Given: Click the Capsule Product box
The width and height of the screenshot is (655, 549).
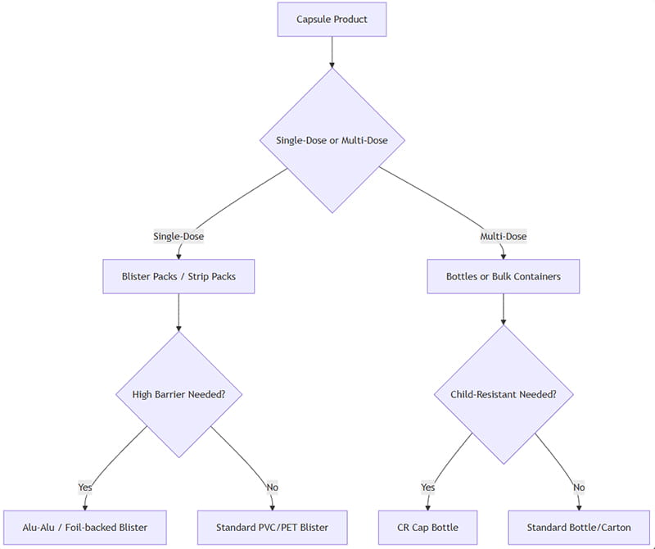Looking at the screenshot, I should coord(332,20).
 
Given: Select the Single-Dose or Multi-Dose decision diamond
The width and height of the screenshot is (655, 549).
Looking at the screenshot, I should coord(332,140).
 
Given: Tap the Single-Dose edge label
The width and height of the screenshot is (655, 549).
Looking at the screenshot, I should coord(178,237).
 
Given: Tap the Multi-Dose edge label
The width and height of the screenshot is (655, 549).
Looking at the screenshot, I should coord(503,237).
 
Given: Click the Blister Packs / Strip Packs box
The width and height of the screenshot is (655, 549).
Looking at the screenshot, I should coord(178,277).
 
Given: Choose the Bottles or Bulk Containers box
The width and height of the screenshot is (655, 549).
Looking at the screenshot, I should coord(503,277).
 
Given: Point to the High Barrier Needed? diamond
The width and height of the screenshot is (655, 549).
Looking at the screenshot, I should coord(178,394).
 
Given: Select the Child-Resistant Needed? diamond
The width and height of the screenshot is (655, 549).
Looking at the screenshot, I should coord(503,394).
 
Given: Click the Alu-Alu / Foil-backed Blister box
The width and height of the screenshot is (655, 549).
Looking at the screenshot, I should coord(85,528).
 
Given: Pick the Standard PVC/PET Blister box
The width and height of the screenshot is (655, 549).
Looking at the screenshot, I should coord(273,528).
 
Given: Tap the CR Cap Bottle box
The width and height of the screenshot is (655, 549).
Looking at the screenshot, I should coord(428,528).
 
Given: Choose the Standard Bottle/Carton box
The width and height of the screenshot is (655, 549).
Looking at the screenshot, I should coord(578,528).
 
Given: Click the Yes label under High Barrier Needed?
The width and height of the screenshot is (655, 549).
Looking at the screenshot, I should coord(85,488).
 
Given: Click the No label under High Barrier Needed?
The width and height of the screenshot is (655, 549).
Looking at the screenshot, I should coord(273,488).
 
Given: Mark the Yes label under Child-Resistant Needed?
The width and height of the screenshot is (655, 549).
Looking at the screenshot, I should coord(428,488).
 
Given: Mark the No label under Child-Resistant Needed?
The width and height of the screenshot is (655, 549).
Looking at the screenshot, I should coord(578,488).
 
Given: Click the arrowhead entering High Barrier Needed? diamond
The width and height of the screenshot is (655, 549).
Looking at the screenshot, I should coord(178,327).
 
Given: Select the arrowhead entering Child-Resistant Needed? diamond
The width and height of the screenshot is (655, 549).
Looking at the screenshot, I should coord(503,321).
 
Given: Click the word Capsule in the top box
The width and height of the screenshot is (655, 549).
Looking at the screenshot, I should coord(314,20).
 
